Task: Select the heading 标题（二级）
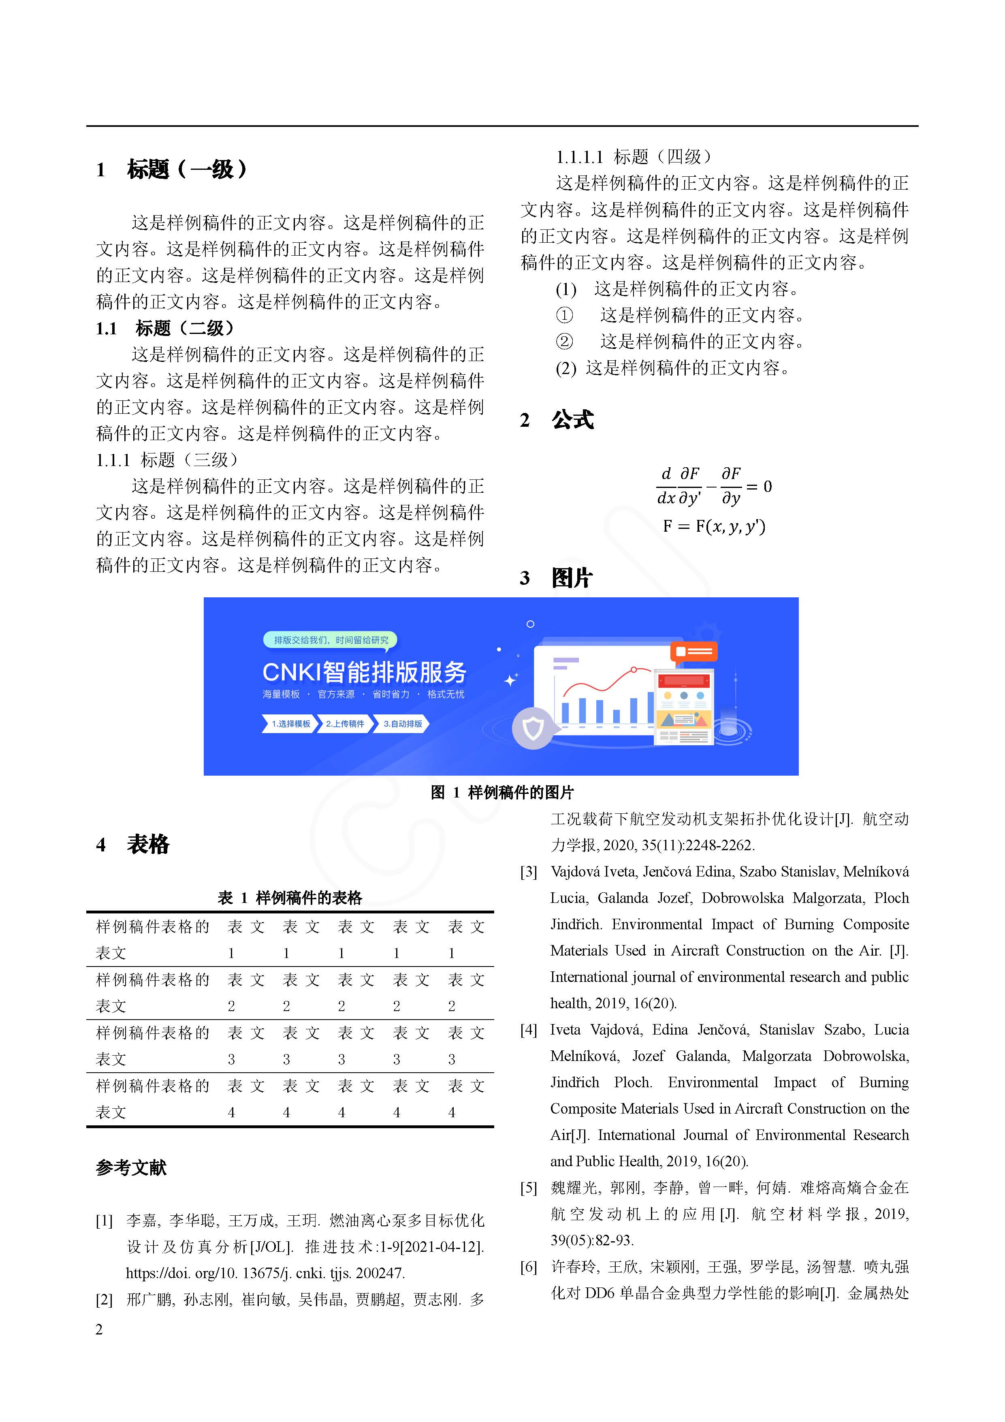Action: (185, 328)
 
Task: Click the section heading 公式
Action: (572, 420)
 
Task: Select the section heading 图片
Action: (572, 578)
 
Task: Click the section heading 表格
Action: (148, 844)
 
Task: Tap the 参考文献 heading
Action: (131, 1168)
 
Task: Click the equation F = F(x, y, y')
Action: (713, 526)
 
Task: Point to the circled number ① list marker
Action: (564, 315)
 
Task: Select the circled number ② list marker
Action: (564, 341)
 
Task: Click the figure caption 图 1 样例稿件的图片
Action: (502, 792)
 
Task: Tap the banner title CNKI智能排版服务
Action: (364, 672)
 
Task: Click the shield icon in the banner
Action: (533, 728)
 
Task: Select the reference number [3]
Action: (529, 872)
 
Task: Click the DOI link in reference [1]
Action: (265, 1273)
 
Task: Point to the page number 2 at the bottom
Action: (99, 1329)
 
